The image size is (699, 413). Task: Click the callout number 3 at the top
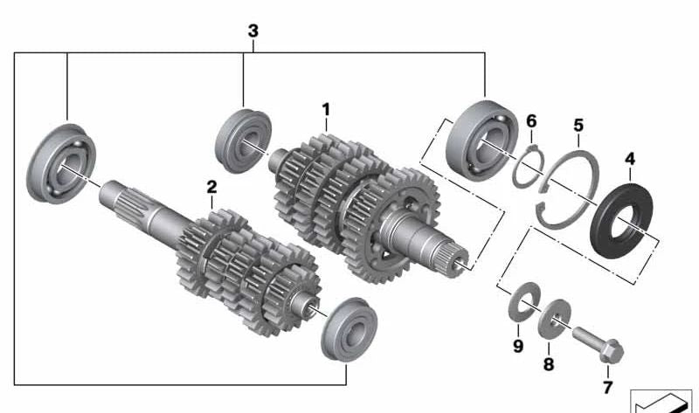(253, 31)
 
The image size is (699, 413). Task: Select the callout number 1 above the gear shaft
(326, 110)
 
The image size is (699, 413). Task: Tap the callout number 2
(211, 187)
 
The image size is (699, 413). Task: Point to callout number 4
(630, 159)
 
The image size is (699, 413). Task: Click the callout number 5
(578, 126)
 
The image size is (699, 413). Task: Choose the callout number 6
(530, 122)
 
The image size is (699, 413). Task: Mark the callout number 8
(548, 364)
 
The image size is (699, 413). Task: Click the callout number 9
(517, 347)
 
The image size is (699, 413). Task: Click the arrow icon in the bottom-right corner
(661, 401)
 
